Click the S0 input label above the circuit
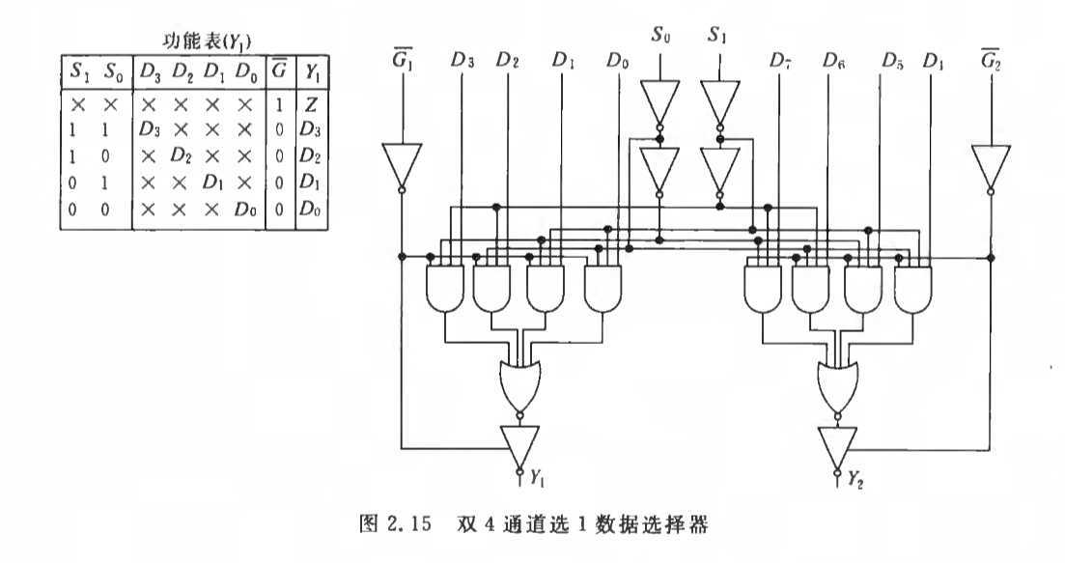[660, 37]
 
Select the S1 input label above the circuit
[716, 37]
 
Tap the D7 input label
[780, 60]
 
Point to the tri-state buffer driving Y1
[521, 445]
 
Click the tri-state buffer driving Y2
[838, 445]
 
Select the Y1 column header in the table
[311, 70]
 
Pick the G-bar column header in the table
[279, 69]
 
